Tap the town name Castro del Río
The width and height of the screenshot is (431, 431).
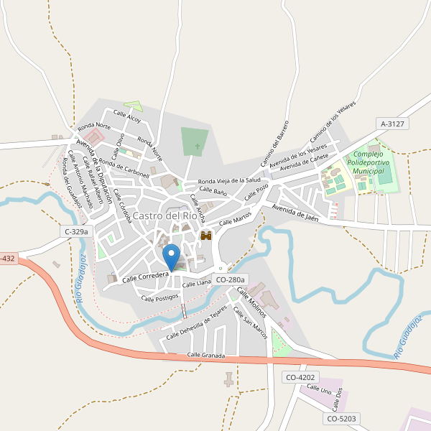(x=165, y=215)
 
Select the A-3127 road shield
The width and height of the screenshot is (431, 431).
(x=393, y=124)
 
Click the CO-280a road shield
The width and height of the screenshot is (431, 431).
(x=230, y=279)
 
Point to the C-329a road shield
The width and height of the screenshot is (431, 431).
(x=76, y=231)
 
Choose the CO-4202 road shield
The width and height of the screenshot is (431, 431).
(x=300, y=377)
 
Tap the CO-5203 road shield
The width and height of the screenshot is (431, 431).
(x=341, y=418)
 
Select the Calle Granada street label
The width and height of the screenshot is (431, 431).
(x=206, y=356)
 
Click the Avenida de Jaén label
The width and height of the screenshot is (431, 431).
(x=295, y=211)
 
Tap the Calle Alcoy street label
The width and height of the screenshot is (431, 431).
(x=127, y=117)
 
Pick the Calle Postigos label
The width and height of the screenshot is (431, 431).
(x=159, y=297)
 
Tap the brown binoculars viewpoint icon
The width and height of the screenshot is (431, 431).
(x=206, y=236)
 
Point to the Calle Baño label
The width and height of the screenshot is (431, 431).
(x=213, y=193)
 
